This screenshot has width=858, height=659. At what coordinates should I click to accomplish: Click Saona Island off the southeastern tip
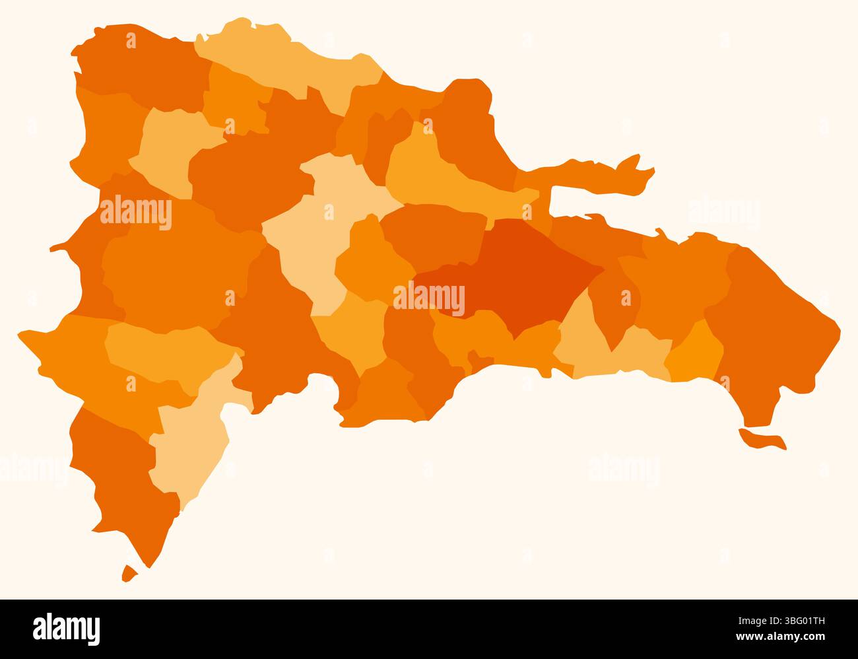762,440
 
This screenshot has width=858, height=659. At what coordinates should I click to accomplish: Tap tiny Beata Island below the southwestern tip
129,573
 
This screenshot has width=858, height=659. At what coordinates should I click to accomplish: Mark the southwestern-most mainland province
125,475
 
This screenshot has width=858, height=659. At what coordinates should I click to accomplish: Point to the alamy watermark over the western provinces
136,213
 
